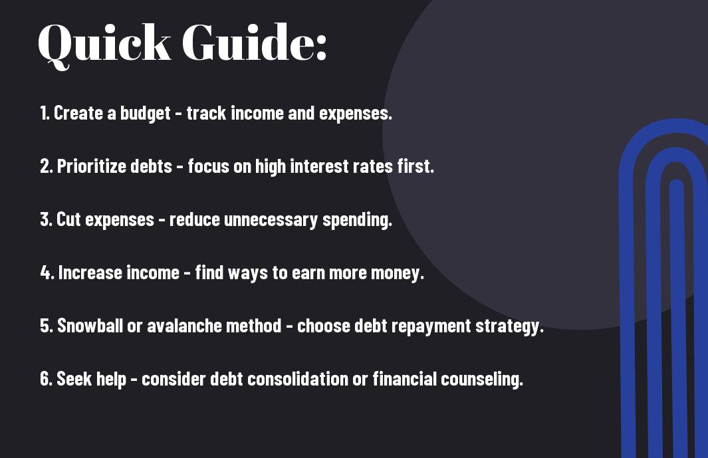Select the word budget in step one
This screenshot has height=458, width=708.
pyautogui.click(x=146, y=114)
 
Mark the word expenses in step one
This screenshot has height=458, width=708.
pyautogui.click(x=355, y=114)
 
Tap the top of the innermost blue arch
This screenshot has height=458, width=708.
pyautogui.click(x=676, y=185)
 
